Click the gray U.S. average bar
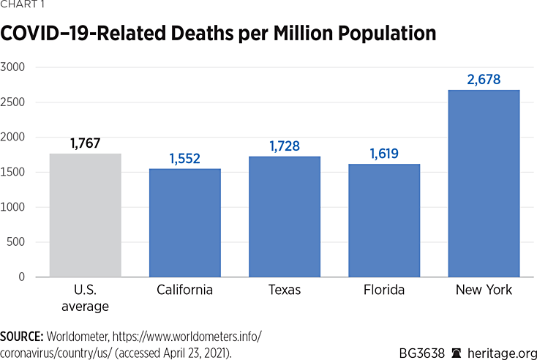86,215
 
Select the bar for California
185,222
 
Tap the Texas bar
285,217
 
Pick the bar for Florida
384,220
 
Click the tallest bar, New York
484,183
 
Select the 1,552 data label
185,158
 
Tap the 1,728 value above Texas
285,146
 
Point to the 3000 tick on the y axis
14,67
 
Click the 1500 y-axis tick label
14,173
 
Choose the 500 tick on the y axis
17,242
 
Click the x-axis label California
185,290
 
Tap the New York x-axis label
484,290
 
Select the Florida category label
384,290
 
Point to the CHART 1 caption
23,5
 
